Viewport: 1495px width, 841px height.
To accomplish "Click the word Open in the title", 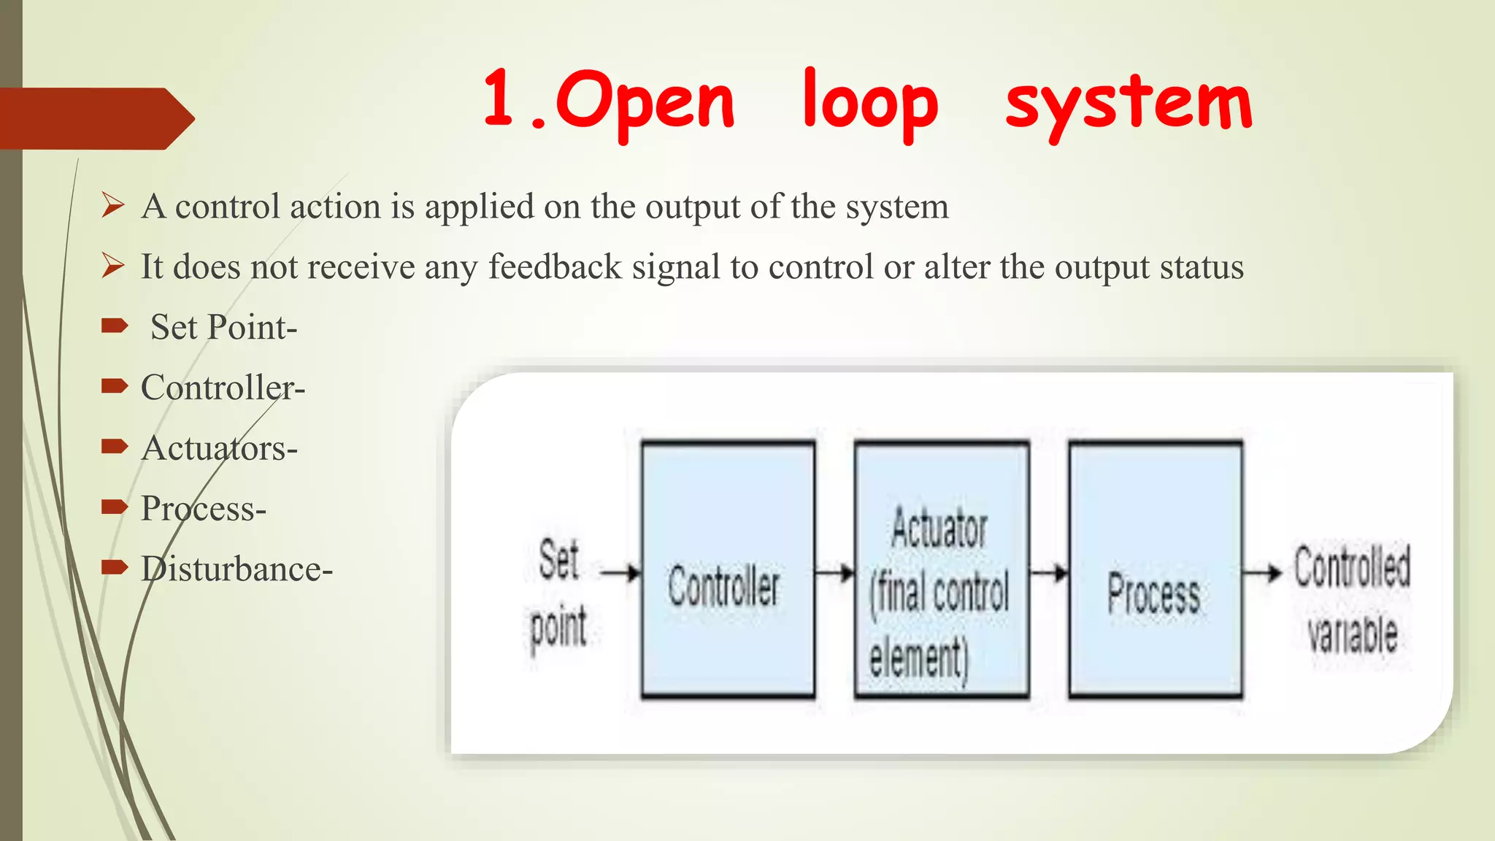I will tap(645, 102).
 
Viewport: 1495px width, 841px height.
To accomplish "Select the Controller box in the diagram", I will tap(728, 570).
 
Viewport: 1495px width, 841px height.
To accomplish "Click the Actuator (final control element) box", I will tap(942, 570).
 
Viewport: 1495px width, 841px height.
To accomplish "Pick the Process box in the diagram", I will tap(1155, 570).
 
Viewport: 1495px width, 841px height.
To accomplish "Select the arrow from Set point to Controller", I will tap(620, 573).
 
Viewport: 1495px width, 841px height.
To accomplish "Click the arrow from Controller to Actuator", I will tap(834, 573).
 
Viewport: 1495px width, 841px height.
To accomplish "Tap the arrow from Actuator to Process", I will tap(1049, 573).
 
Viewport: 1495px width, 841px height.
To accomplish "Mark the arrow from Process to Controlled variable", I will tap(1262, 573).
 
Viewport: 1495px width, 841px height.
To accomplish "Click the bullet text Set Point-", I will tap(223, 327).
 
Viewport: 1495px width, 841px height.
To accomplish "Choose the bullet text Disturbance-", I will tap(237, 569).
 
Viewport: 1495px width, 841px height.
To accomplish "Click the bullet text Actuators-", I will tap(219, 448).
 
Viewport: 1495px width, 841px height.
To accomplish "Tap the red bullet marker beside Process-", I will tap(115, 507).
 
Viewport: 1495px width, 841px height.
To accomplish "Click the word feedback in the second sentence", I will tap(555, 266).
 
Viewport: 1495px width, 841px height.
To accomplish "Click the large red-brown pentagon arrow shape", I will tap(95, 118).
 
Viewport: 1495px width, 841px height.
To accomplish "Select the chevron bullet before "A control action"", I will tap(113, 206).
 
